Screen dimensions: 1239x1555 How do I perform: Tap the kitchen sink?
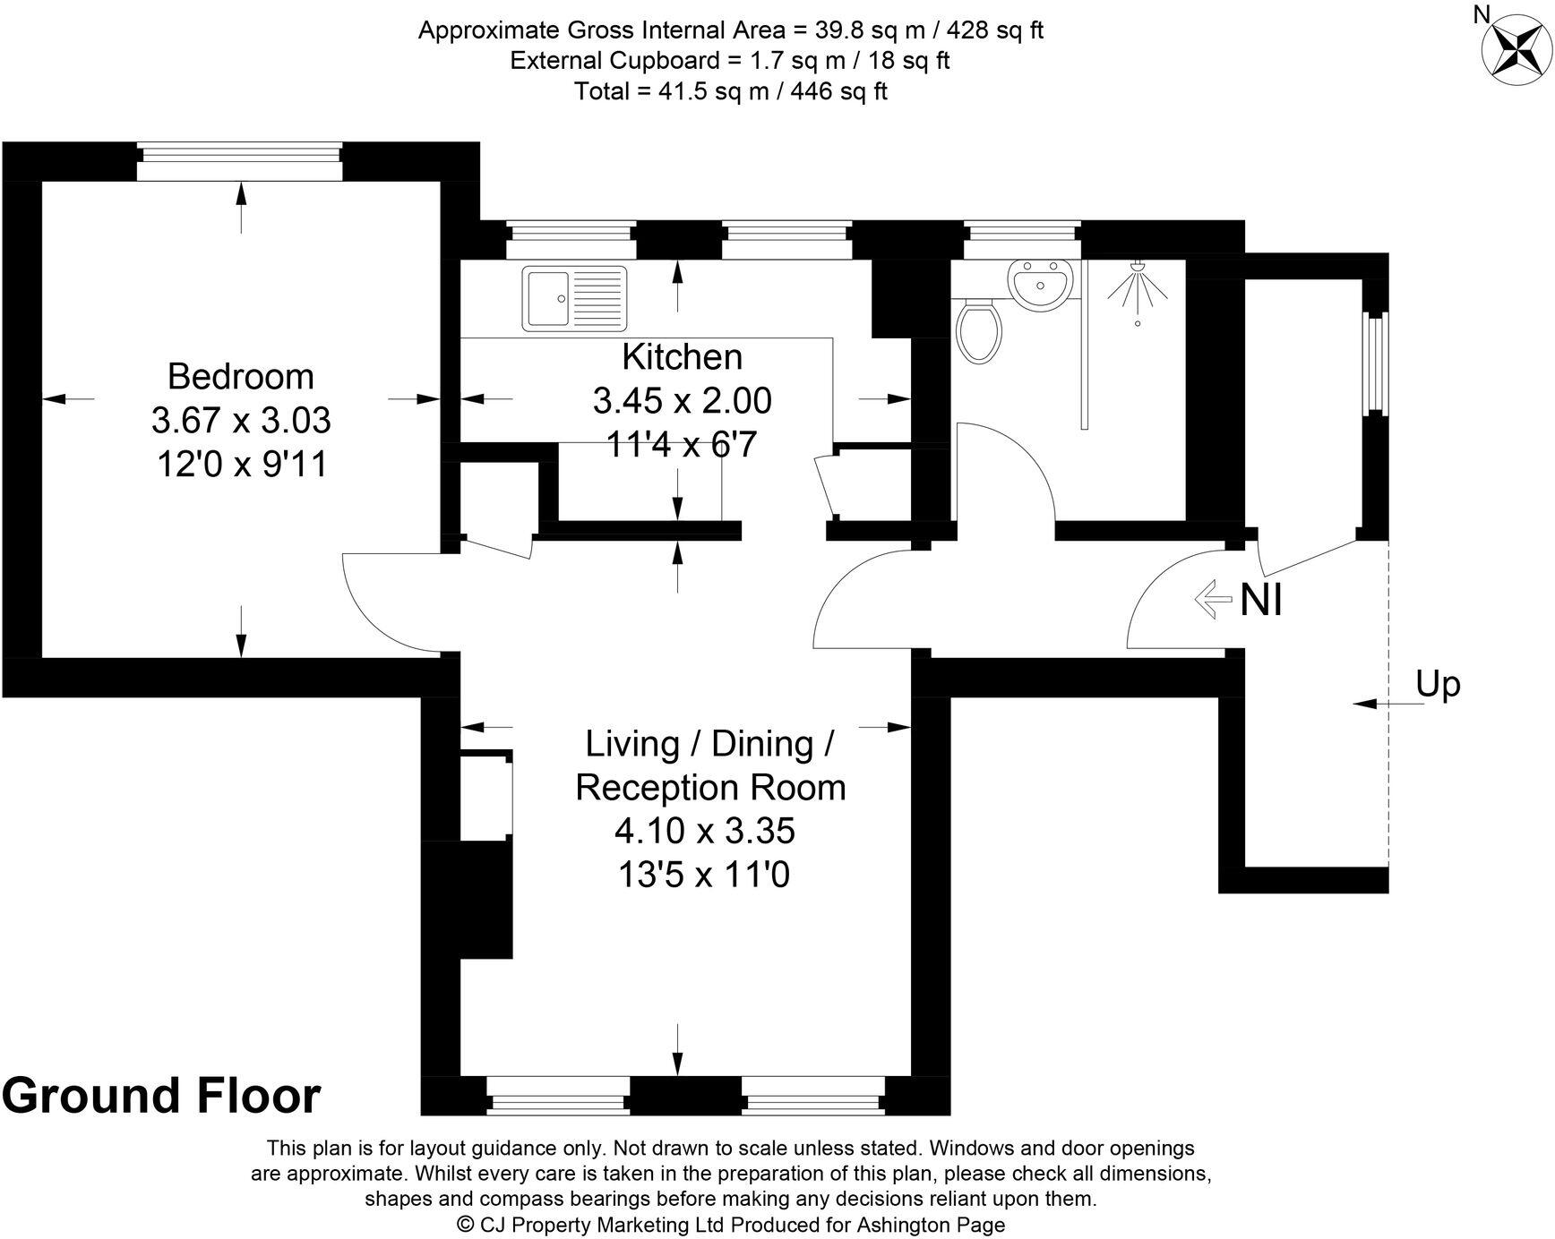coord(576,297)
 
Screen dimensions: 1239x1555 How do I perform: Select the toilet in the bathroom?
coord(978,331)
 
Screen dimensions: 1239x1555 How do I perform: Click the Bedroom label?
coord(240,376)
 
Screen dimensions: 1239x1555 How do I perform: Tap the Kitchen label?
coord(682,357)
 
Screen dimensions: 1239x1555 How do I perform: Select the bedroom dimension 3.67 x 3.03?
coord(240,420)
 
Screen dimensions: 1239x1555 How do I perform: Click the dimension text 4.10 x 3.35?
coord(704,832)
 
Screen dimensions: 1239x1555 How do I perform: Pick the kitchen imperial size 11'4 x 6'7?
coord(682,443)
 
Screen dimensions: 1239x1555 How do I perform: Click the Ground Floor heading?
coord(161,1096)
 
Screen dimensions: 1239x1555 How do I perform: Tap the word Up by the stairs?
coord(1438,684)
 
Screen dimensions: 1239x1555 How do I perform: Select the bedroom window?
coord(240,161)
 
